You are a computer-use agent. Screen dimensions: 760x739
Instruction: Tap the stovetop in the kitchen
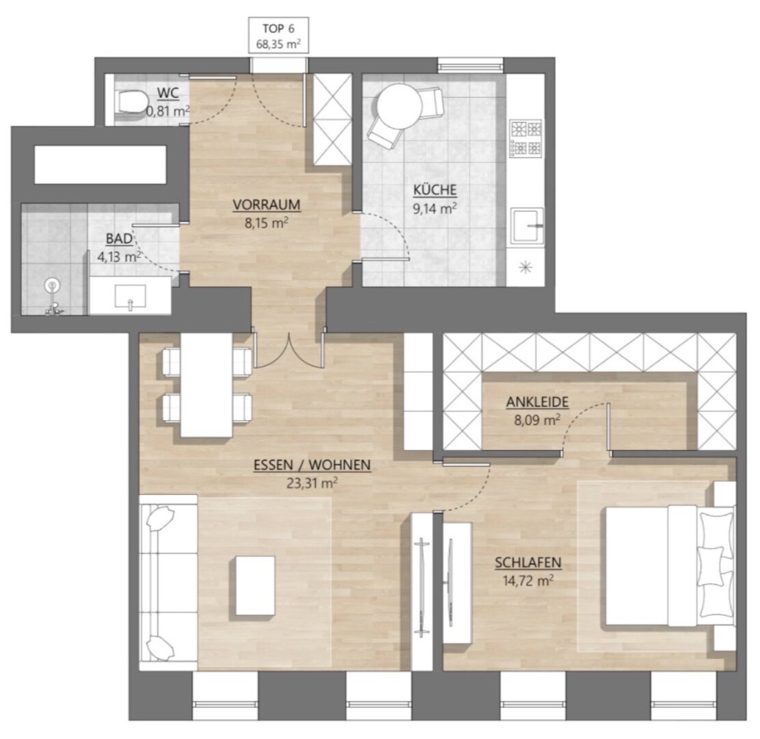coord(526,138)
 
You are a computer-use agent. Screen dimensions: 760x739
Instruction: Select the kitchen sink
coord(528,226)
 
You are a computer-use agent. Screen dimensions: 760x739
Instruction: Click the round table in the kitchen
coord(399,107)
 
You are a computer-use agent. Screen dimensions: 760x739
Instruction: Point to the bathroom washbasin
coord(131,296)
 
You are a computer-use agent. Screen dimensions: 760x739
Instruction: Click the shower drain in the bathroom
coord(52,285)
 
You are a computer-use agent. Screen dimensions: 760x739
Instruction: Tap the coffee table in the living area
coord(256,586)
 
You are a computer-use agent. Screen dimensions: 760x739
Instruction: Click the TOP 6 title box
coord(279,35)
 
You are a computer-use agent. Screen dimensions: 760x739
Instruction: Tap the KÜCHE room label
coord(435,190)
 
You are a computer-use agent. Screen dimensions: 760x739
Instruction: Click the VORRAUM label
coord(267,205)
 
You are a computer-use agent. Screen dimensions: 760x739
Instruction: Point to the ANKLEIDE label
coord(537,402)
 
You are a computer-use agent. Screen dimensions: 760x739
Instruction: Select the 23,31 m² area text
coord(312,483)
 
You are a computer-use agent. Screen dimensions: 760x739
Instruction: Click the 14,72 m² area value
coord(528,580)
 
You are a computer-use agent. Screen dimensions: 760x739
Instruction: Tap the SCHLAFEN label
coord(528,563)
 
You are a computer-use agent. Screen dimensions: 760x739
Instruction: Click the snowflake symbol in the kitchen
coord(526,268)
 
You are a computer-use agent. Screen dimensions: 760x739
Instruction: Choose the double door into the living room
coord(288,350)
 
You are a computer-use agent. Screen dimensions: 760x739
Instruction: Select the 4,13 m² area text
coord(119,257)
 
